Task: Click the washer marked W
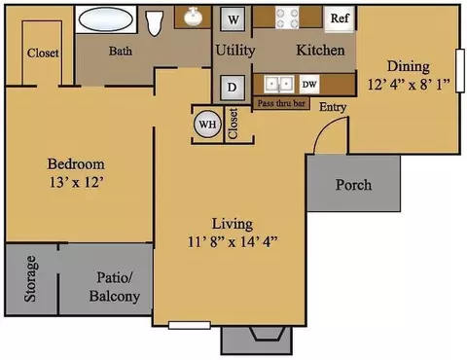pos(233,18)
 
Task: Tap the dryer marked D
pos(233,88)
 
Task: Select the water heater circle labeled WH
pos(207,125)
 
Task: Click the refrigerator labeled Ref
pos(340,18)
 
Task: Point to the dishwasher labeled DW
pos(309,85)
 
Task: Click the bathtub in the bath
pos(106,19)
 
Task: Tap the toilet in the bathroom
pos(154,23)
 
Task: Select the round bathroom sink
pos(194,17)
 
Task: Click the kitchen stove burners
pos(287,18)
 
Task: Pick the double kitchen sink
pos(279,85)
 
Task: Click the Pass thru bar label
pos(281,103)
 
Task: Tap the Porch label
pos(353,185)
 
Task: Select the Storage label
pos(30,279)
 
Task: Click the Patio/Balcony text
pos(115,287)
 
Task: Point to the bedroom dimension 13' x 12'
pos(77,182)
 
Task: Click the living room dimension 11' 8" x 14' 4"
pos(233,242)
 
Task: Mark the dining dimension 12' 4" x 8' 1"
pos(409,85)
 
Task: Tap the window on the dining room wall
pos(459,71)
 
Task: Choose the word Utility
pos(235,51)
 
